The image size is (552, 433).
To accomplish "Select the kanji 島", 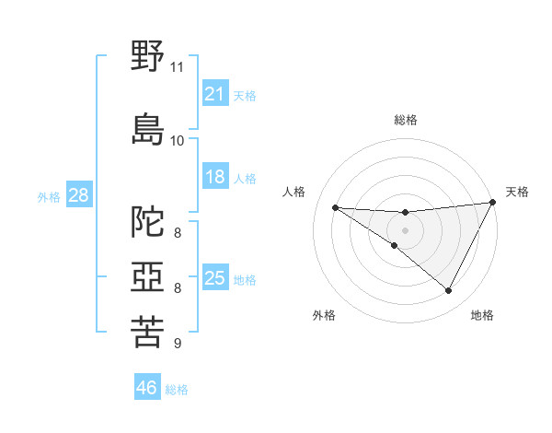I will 148,128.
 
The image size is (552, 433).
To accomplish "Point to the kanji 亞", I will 148,276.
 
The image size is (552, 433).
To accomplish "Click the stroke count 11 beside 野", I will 178,67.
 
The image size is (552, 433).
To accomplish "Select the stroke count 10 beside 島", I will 178,140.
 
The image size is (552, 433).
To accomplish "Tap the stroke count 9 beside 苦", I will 177,344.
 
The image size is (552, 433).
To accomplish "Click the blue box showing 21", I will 215,94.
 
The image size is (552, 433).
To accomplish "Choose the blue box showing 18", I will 215,177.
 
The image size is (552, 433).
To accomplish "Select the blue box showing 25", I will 215,278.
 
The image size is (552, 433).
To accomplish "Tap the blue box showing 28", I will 78,195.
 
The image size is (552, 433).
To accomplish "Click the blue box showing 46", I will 147,388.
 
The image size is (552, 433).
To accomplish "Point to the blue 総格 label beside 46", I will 178,390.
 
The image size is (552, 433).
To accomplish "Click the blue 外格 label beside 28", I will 49,196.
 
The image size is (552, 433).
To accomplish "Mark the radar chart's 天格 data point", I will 494,204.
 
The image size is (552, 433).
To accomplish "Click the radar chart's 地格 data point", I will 449,291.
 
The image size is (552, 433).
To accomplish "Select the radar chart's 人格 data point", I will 335,207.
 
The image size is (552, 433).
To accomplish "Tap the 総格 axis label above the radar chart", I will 406,120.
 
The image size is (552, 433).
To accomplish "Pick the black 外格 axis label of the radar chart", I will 324,315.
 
